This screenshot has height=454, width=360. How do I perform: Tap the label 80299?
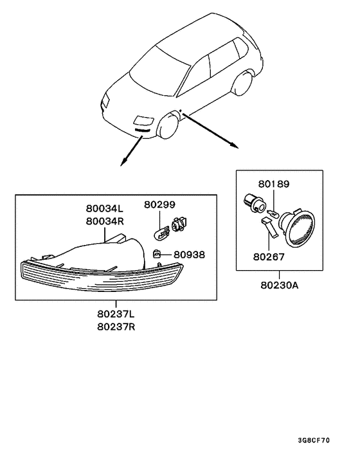pyautogui.click(x=159, y=204)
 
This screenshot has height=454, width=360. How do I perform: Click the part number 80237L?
pyautogui.click(x=117, y=314)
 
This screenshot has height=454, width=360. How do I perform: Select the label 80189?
pyautogui.click(x=274, y=184)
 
